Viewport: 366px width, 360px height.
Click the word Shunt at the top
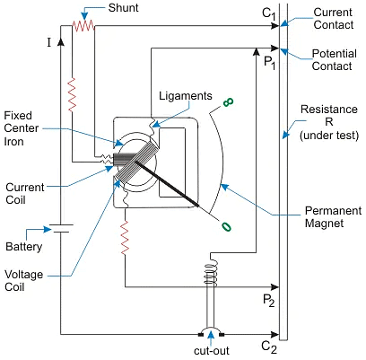[x=123, y=8]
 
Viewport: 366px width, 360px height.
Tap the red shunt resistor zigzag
[x=83, y=26]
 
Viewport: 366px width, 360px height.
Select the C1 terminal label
[x=269, y=13]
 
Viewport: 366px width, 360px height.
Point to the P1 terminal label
[x=269, y=63]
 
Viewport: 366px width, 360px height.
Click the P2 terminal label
[x=268, y=301]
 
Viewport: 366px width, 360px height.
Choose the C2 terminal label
[x=269, y=347]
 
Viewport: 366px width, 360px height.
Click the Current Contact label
[x=334, y=19]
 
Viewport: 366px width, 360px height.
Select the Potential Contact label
[x=335, y=60]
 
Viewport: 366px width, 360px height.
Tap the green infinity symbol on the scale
[x=228, y=102]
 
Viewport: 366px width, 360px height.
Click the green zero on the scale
[x=226, y=227]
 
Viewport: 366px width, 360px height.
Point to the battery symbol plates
[x=61, y=228]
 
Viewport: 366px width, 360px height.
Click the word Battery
[x=24, y=247]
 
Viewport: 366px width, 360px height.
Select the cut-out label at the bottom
[x=212, y=351]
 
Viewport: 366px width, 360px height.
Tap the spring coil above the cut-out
[x=211, y=272]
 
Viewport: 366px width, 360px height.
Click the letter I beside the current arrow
[x=49, y=43]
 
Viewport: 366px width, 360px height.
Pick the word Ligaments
[x=186, y=96]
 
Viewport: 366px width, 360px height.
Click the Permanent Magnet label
[x=333, y=217]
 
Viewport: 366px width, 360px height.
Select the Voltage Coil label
[x=23, y=281]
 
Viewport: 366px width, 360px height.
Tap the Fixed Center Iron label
[x=22, y=128]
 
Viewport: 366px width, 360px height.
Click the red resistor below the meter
[x=125, y=238]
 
